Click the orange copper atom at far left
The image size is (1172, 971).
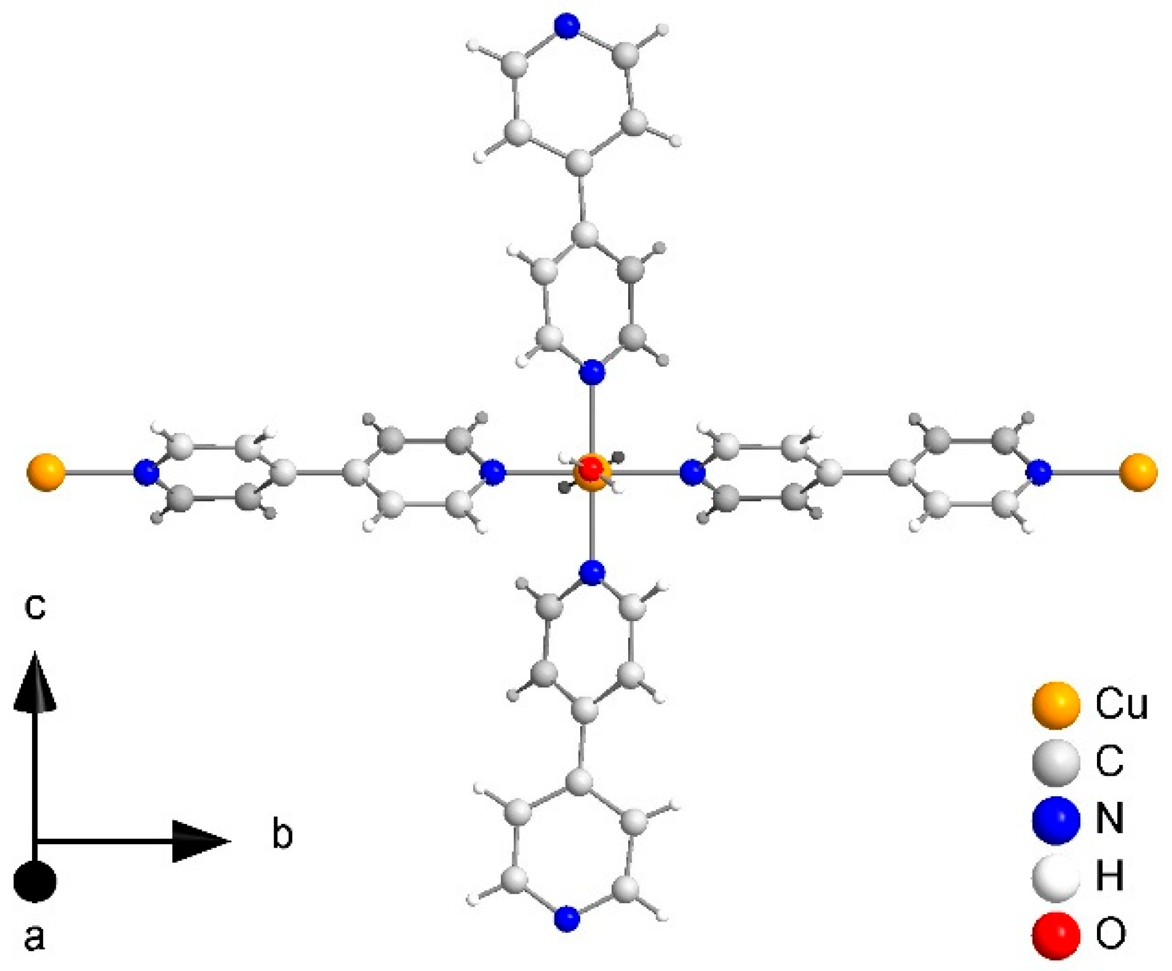(x=46, y=473)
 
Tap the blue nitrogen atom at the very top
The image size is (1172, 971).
(x=568, y=26)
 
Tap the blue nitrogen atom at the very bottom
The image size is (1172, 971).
(x=568, y=918)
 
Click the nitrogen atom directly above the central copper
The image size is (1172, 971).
(x=592, y=372)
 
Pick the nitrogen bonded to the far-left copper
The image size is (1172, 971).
(x=146, y=473)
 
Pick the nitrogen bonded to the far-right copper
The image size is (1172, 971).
(x=1038, y=473)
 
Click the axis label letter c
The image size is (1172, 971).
(x=35, y=608)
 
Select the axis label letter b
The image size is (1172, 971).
(x=282, y=835)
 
